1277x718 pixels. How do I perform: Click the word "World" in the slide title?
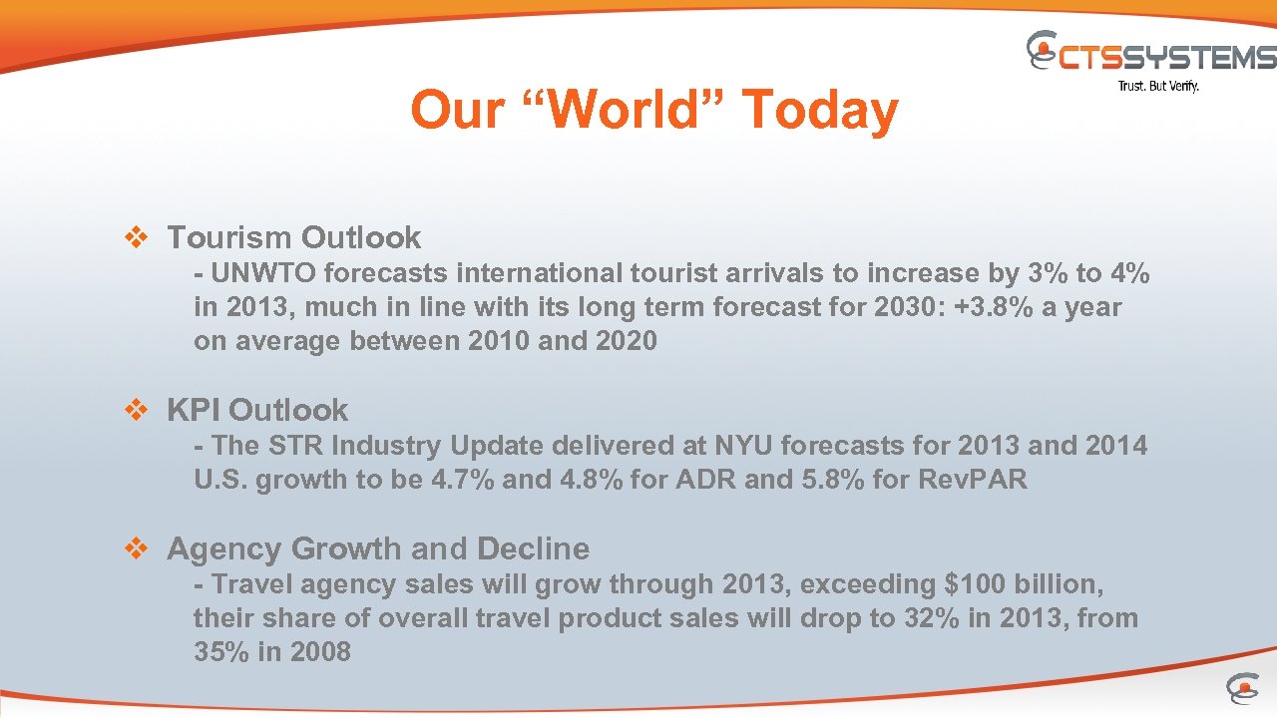tap(627, 109)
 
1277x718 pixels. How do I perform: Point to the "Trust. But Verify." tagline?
tap(1158, 86)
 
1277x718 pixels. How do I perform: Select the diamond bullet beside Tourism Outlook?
tap(135, 237)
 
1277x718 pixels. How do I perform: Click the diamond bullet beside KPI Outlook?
tap(135, 410)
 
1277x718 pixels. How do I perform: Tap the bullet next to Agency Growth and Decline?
tap(135, 548)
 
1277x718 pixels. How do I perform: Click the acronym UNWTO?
tap(262, 273)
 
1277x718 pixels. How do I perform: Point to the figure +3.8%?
tap(997, 307)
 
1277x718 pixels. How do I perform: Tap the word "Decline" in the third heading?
tap(534, 548)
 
